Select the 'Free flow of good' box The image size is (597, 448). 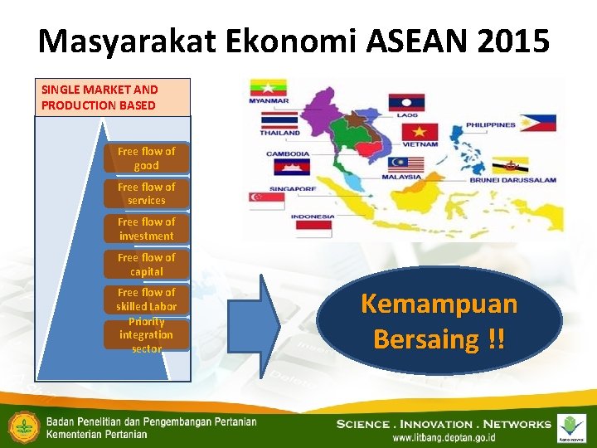pos(146,158)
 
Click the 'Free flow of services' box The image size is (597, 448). pos(146,193)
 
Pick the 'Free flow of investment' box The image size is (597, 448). pos(146,229)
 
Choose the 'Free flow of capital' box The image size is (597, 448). pos(146,264)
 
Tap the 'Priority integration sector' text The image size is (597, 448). pos(146,334)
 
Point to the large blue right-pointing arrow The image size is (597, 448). pos(256,323)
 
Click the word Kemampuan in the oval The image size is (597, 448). pos(439,304)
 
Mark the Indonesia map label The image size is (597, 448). pos(313,217)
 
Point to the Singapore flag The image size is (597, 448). pos(265,201)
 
